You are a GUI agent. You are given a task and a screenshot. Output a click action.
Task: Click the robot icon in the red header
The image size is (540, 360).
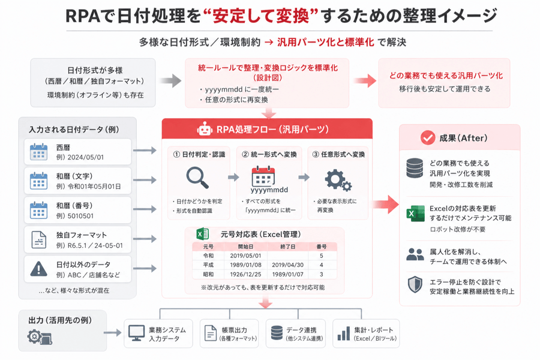204,128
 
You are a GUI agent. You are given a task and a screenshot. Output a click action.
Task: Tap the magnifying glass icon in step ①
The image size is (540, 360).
197,178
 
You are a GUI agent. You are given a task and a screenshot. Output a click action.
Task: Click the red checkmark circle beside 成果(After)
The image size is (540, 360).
428,138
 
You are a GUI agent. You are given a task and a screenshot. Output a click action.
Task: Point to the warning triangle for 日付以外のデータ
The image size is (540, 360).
38,269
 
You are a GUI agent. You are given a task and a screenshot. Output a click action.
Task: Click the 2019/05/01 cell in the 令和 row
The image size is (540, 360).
245,256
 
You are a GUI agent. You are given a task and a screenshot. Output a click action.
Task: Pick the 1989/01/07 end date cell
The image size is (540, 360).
287,275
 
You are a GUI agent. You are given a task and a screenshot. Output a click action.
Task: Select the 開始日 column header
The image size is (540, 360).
245,247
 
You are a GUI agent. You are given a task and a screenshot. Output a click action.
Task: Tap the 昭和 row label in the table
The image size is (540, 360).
208,275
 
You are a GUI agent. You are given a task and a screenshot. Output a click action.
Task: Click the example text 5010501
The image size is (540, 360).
80,216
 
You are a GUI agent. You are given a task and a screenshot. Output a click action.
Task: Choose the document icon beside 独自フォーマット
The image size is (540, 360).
39,239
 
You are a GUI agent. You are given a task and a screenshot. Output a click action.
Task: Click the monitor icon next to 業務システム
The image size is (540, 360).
136,333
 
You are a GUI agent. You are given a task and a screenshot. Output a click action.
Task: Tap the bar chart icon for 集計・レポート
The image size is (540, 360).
344,334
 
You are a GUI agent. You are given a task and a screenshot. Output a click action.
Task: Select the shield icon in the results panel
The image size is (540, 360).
415,284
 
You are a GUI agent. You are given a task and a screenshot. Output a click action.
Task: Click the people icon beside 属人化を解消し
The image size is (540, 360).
415,254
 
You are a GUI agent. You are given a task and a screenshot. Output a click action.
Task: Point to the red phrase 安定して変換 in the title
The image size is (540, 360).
261,16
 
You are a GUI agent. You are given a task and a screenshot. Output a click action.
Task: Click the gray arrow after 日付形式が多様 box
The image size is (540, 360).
170,81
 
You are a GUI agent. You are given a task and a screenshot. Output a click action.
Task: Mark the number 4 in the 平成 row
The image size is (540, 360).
322,265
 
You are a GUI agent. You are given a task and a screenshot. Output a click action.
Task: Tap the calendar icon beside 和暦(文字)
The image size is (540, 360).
38,181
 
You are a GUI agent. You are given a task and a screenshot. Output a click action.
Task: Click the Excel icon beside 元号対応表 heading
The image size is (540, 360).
203,234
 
